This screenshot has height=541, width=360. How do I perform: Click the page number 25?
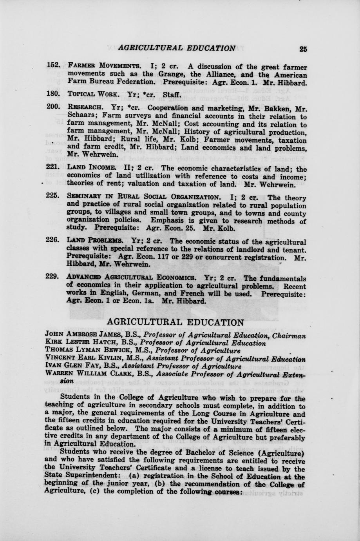pyautogui.click(x=303, y=49)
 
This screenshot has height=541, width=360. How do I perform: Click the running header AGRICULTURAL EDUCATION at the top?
pyautogui.click(x=177, y=48)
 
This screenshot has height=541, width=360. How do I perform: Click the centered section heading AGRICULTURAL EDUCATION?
pyautogui.click(x=175, y=322)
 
